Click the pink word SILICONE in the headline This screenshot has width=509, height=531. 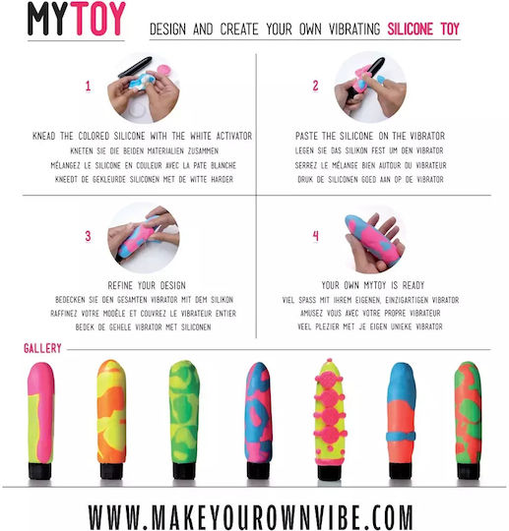410,29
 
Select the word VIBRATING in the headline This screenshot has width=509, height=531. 354,29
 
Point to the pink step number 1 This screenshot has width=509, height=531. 89,86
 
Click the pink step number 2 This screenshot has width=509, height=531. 315,86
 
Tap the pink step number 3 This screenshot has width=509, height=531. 89,236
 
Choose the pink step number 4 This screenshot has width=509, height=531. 315,236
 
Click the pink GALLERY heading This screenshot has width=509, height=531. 42,348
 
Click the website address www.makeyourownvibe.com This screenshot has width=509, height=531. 251,516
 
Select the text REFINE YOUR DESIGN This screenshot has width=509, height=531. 147,285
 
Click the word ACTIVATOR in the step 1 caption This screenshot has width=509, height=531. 234,136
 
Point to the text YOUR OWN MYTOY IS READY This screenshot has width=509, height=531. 373,285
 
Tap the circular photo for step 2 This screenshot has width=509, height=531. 370,88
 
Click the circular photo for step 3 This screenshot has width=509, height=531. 144,238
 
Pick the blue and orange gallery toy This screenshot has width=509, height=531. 401,421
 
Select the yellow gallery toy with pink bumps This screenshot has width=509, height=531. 329,419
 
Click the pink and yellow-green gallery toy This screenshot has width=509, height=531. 40,421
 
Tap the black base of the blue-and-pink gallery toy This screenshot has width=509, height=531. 258,470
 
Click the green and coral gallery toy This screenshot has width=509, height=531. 469,421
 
